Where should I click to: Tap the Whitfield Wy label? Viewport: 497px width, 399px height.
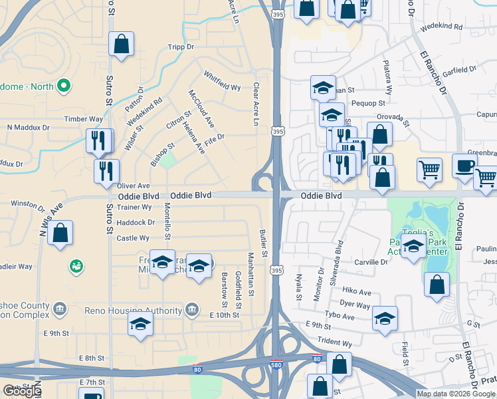point(222,81)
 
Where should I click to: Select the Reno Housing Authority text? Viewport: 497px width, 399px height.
point(133,311)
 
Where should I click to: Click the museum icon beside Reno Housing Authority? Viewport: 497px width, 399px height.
point(192,309)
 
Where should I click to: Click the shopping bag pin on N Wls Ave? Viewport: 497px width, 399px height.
point(60,234)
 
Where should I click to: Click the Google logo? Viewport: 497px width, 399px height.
point(22,391)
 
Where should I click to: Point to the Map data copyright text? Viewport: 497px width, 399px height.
point(456,394)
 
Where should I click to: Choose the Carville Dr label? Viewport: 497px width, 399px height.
point(370,262)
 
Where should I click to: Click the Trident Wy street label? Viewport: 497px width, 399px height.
point(334,343)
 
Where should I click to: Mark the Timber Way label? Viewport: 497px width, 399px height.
point(83,119)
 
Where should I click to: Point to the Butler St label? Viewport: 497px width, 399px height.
point(264,243)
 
